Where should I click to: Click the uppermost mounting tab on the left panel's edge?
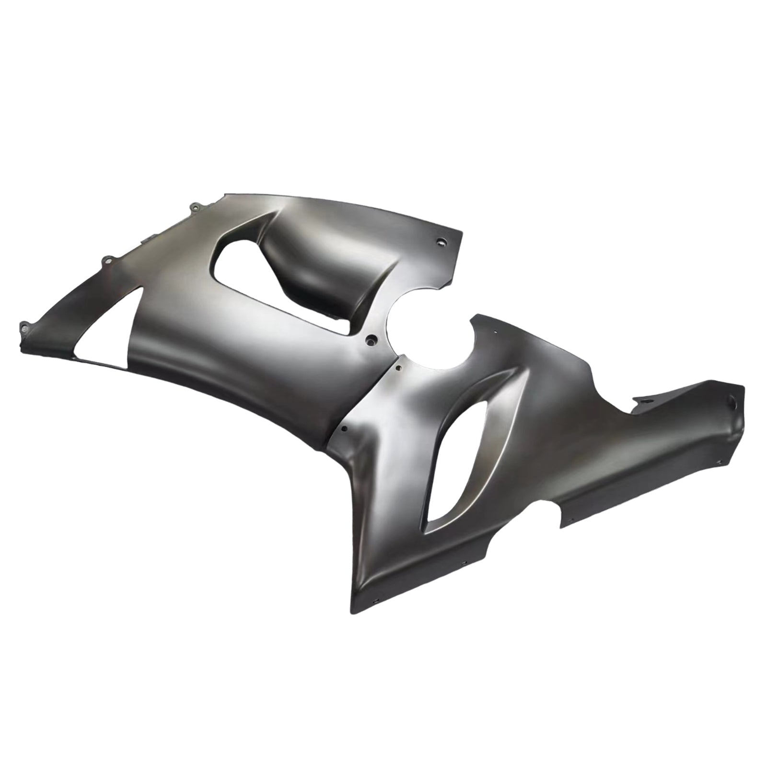(x=195, y=207)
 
